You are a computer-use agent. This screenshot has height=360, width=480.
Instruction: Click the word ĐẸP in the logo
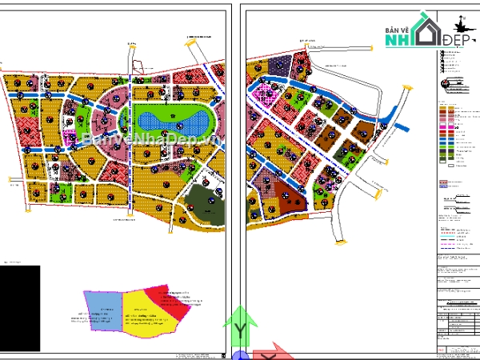coord(457,39)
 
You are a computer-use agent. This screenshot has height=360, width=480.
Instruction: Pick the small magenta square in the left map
coord(70,133)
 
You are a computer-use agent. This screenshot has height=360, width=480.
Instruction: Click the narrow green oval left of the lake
coord(123,120)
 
